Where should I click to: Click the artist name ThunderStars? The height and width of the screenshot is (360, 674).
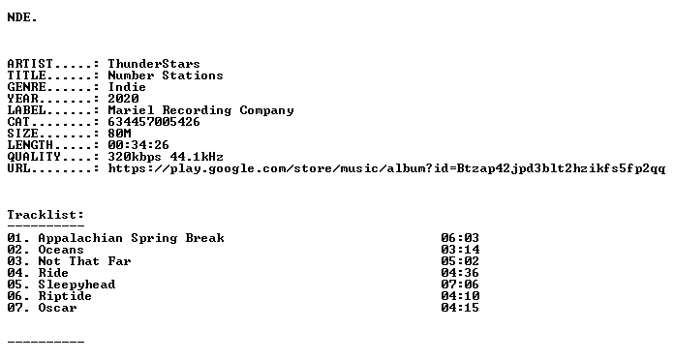pyautogui.click(x=154, y=64)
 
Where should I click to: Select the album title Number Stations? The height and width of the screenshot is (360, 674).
pyautogui.click(x=166, y=75)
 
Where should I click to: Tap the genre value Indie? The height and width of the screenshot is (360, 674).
pyautogui.click(x=127, y=87)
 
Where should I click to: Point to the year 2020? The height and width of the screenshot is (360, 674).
pyautogui.click(x=123, y=99)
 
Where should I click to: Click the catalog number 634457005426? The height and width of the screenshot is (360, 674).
pyautogui.click(x=154, y=122)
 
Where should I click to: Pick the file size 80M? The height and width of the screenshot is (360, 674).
pyautogui.click(x=119, y=134)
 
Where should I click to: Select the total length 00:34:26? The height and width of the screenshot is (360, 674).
pyautogui.click(x=138, y=145)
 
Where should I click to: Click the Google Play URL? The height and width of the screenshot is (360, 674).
pyautogui.click(x=386, y=168)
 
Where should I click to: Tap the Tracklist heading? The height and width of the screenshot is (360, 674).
pyautogui.click(x=46, y=215)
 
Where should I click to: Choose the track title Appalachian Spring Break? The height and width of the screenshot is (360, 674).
pyautogui.click(x=131, y=238)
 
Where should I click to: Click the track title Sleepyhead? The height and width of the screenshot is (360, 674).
pyautogui.click(x=77, y=285)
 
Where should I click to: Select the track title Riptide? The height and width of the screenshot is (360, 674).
pyautogui.click(x=65, y=296)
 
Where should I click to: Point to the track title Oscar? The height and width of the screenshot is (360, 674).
pyautogui.click(x=57, y=308)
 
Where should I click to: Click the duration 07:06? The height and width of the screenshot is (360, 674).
pyautogui.click(x=460, y=285)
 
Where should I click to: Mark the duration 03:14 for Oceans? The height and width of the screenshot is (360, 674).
pyautogui.click(x=460, y=250)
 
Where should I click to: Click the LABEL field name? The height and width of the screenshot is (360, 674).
pyautogui.click(x=27, y=110)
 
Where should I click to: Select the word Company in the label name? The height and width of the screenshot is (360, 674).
pyautogui.click(x=267, y=111)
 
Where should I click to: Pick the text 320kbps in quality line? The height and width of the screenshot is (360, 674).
pyautogui.click(x=135, y=157)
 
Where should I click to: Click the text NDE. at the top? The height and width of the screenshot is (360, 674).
pyautogui.click(x=22, y=17)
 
